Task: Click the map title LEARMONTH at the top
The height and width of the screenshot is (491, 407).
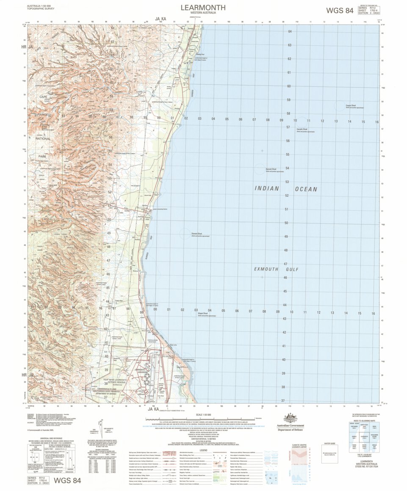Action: coord(203,7)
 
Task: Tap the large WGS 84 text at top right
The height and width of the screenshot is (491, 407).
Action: coord(339,11)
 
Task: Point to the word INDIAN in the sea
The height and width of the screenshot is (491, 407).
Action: coord(267,189)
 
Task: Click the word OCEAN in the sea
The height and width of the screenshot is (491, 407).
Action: coord(306,189)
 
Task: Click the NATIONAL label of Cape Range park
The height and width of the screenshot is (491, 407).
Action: coord(43,138)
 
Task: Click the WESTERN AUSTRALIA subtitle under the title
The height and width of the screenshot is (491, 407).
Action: coord(203,14)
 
